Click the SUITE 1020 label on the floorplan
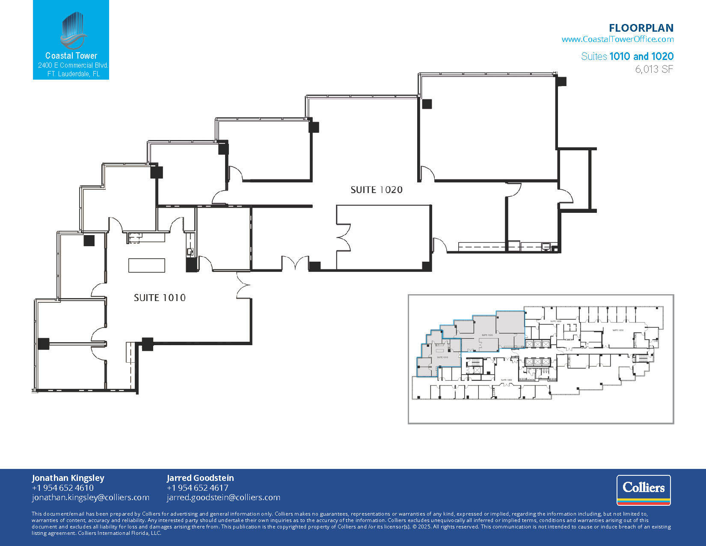click(x=377, y=190)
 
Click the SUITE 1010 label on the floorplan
click(x=160, y=298)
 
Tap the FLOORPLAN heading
click(x=641, y=28)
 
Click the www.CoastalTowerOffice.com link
click(x=617, y=39)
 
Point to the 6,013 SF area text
click(x=654, y=69)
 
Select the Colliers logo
click(x=643, y=490)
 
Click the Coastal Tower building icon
click(x=73, y=31)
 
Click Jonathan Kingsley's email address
click(x=90, y=498)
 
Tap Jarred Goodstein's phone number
click(x=197, y=488)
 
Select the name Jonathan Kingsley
click(x=68, y=478)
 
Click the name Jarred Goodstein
click(x=200, y=478)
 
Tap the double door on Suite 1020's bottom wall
click(x=295, y=263)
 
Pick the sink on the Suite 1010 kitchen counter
click(x=190, y=251)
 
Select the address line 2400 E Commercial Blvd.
click(x=73, y=66)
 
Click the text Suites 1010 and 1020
click(x=627, y=57)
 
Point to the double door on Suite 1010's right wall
click(x=244, y=284)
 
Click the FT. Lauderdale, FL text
click(x=73, y=74)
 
